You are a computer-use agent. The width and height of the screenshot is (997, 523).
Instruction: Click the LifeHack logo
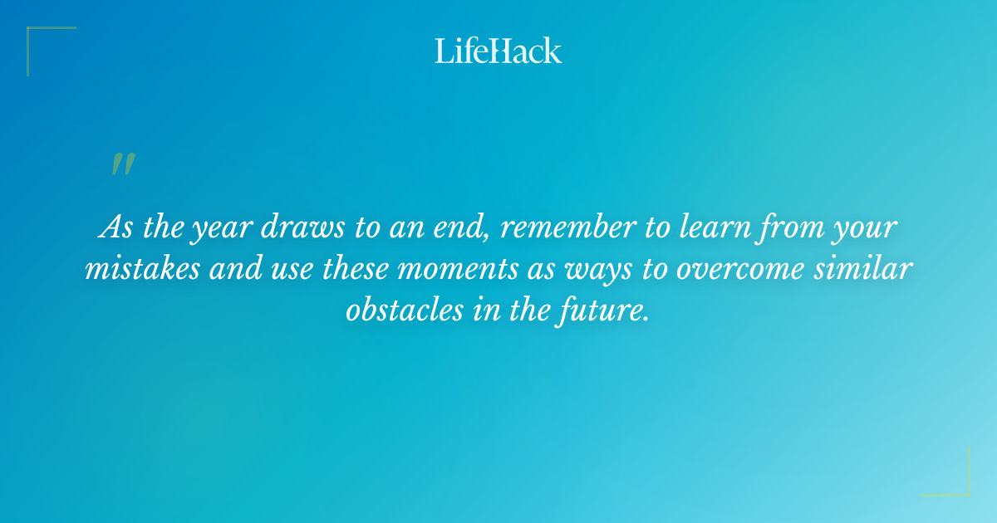pyautogui.click(x=498, y=51)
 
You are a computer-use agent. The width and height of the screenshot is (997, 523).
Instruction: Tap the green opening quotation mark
pyautogui.click(x=122, y=164)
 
